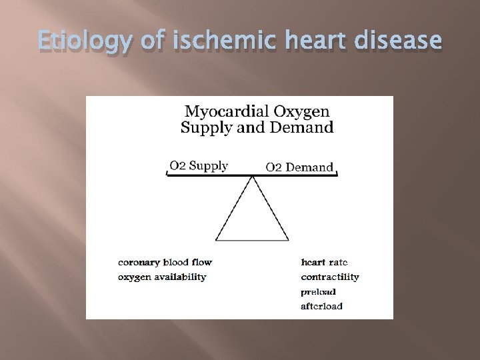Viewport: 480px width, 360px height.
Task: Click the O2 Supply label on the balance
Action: [198, 166]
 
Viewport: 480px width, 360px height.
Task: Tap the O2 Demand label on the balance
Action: [299, 167]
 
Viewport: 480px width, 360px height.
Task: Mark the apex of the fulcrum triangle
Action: [252, 177]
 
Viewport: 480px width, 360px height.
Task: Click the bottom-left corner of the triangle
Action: [216, 240]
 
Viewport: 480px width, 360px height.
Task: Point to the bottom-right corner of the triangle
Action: [289, 240]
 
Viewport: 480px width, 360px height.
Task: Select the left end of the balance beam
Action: [167, 175]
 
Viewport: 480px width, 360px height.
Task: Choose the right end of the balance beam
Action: [337, 175]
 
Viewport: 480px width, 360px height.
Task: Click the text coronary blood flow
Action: [165, 262]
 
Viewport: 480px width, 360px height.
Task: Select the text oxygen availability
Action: [162, 277]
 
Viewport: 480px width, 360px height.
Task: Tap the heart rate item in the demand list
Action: [325, 262]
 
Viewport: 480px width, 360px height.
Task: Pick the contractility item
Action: [330, 277]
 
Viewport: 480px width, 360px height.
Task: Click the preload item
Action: [318, 291]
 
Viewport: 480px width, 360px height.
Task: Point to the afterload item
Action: [321, 306]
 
